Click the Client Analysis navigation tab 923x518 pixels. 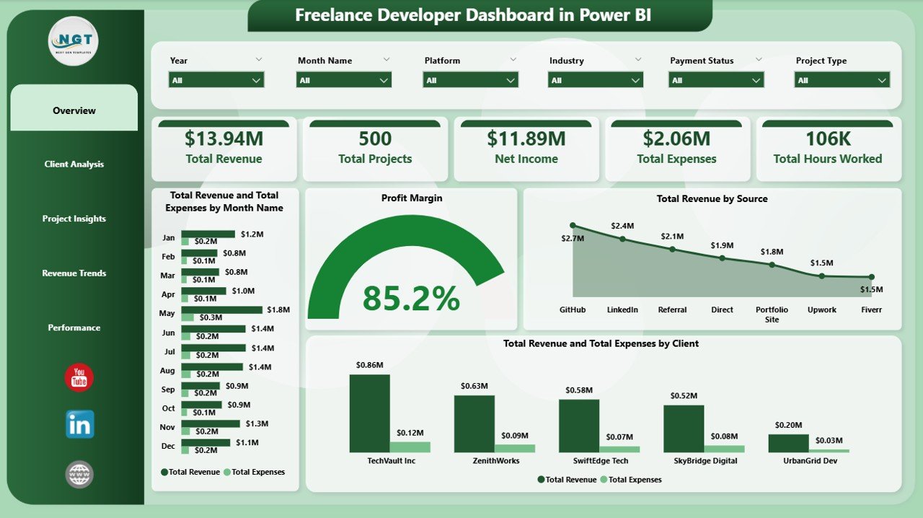click(74, 164)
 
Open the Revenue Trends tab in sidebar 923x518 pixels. click(74, 273)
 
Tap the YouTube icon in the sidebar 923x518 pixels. click(79, 378)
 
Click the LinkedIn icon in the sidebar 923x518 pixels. click(79, 425)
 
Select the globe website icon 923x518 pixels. click(79, 474)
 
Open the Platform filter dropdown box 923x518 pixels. click(471, 80)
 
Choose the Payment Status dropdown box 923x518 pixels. click(716, 80)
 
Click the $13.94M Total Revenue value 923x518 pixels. click(224, 139)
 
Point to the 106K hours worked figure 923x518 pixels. click(827, 139)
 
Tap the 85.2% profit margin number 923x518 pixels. click(411, 299)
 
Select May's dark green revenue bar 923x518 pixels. click(221, 310)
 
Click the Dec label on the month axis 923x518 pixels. click(168, 446)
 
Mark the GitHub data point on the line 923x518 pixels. click(573, 225)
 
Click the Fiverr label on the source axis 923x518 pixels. click(871, 310)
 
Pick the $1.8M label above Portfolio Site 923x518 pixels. click(772, 252)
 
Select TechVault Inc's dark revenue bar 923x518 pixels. click(369, 413)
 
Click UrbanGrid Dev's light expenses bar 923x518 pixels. click(829, 450)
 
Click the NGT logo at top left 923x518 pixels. click(73, 41)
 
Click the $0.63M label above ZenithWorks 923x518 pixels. click(474, 386)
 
